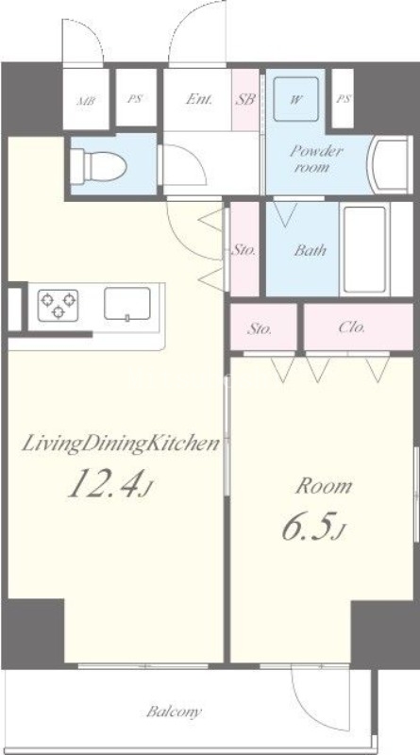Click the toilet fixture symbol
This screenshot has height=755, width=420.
click(x=98, y=167)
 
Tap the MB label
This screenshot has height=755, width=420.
click(x=86, y=101)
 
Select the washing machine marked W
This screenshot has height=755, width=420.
click(x=295, y=99)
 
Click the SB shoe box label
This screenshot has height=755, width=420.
click(x=245, y=99)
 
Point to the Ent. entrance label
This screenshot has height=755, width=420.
click(x=198, y=99)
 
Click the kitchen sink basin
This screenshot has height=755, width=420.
click(x=127, y=304)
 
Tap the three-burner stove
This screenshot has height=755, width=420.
click(x=58, y=305)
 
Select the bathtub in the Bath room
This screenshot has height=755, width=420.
click(x=365, y=249)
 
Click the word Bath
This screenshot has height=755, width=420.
click(x=311, y=250)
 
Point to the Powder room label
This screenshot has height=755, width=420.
click(x=316, y=159)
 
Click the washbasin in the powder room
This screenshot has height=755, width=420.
click(x=390, y=164)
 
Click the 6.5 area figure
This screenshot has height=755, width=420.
click(x=312, y=528)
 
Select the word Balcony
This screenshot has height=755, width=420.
click(x=174, y=712)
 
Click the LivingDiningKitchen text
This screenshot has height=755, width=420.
click(x=121, y=443)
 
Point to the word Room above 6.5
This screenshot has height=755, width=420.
click(x=323, y=486)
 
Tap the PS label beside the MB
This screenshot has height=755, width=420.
click(x=134, y=99)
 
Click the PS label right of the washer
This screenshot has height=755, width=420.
click(x=343, y=99)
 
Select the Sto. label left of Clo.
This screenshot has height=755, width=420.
click(x=260, y=329)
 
